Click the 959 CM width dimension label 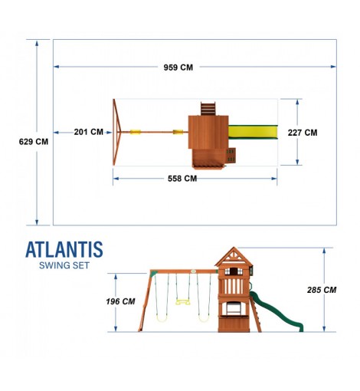pos(178,67)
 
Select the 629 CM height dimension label pos(34,142)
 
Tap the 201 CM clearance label pos(89,132)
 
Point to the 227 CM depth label pos(303,133)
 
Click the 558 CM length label pos(182,179)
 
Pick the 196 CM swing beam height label pos(120,301)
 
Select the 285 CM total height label pos(322,290)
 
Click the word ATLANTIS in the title pos(64,249)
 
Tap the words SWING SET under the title pos(64,265)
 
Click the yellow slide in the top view pos(253,132)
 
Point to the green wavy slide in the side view pos(277,312)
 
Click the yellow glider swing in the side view pos(183,302)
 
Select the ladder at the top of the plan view pos(208,109)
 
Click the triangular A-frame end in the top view pos(116,132)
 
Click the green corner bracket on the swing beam pos(154,274)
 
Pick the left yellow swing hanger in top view pos(136,132)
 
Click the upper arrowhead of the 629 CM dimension pos(37,43)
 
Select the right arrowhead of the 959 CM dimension pos(333,67)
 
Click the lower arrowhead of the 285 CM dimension pos(324,329)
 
